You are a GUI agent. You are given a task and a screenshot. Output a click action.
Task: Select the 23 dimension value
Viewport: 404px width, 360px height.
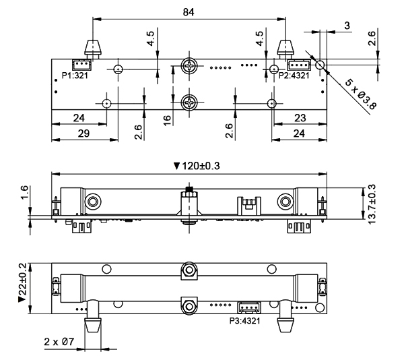[x=301, y=117]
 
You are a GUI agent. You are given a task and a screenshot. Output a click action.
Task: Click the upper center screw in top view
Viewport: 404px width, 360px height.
[x=191, y=67]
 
